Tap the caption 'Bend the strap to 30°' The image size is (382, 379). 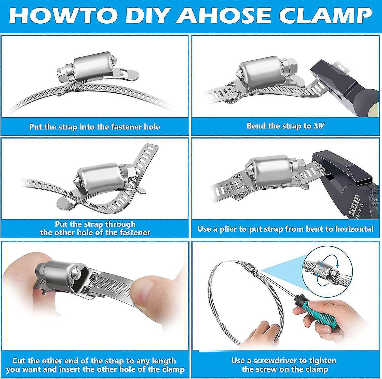(286, 126)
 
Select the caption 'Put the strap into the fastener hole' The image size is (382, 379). (94, 127)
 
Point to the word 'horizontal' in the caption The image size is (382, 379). (354, 229)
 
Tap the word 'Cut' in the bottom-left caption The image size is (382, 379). (19, 361)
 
